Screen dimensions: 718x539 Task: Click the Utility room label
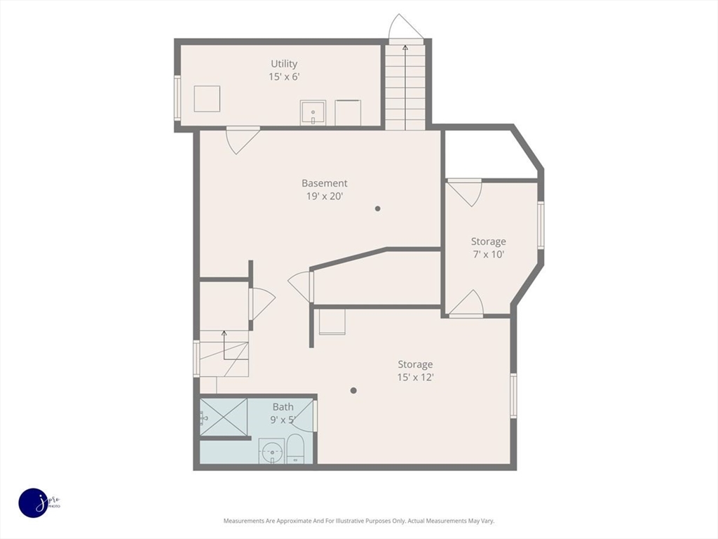284,64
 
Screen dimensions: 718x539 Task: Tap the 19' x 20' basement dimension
325,197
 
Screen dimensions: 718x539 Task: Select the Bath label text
283,406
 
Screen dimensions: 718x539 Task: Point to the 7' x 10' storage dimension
488,254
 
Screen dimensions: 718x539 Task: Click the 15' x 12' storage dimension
415,377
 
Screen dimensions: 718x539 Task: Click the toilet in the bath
295,449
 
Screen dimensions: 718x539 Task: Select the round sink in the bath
272,451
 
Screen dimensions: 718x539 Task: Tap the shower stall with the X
224,417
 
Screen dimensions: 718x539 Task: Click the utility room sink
313,113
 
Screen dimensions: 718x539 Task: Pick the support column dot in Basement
378,208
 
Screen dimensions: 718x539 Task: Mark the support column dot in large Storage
353,390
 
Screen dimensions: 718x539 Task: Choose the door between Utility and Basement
243,140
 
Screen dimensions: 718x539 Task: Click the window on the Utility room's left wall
177,98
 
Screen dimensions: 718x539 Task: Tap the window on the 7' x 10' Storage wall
541,225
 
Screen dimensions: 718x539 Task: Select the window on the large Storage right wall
513,396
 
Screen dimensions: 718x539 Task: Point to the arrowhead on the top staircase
405,47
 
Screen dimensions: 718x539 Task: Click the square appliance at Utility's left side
207,98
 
